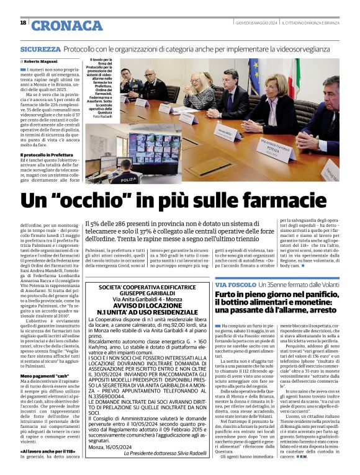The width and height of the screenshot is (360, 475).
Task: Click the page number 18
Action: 23,23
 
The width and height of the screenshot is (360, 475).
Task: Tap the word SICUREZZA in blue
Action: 40,48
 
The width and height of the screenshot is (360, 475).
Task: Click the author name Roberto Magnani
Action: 40,62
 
